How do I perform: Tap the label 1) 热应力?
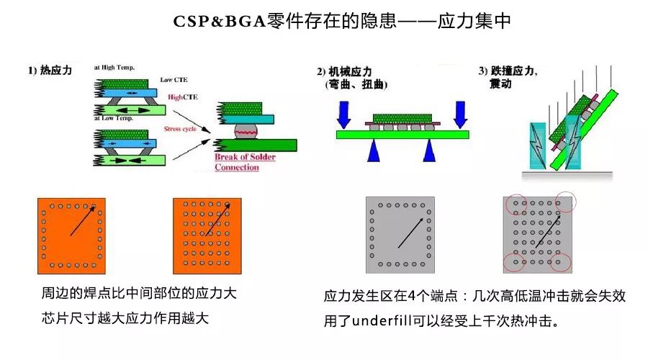coord(50,71)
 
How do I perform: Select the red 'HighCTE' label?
coord(184,96)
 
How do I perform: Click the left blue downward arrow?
coord(345,112)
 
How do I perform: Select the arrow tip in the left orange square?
coord(94,207)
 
